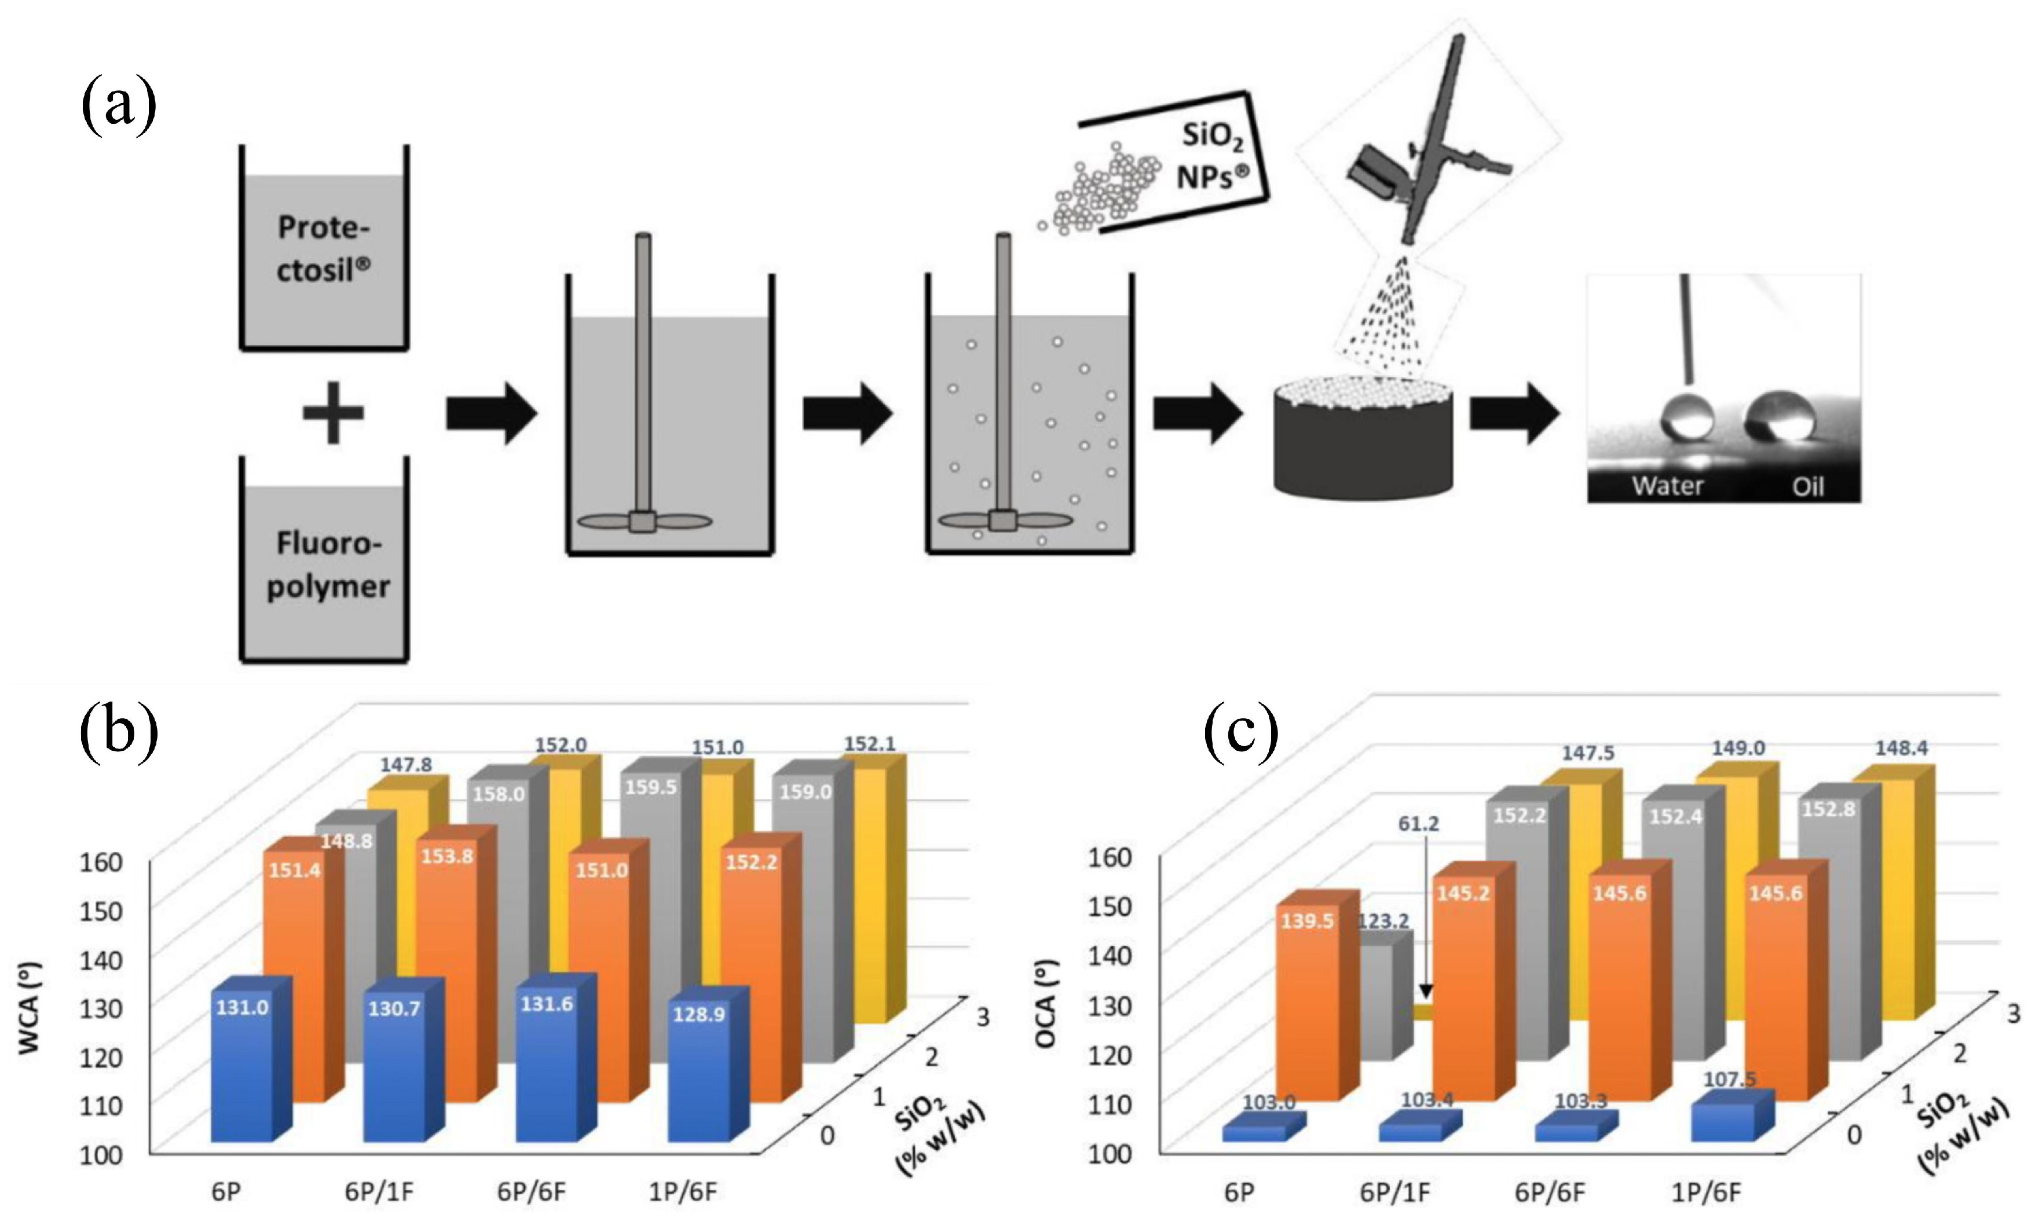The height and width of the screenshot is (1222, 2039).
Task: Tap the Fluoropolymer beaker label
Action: [x=328, y=565]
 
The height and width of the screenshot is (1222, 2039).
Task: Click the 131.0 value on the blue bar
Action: [x=242, y=1007]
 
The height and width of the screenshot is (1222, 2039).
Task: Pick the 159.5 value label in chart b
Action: [x=650, y=787]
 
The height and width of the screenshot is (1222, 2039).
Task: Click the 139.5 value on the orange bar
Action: [x=1307, y=920]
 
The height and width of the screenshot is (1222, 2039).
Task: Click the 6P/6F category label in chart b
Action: [x=531, y=1191]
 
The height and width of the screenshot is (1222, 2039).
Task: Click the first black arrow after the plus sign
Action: [x=492, y=413]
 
